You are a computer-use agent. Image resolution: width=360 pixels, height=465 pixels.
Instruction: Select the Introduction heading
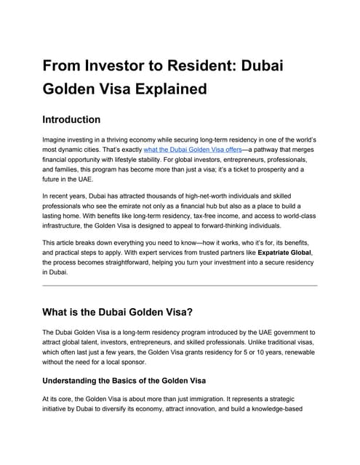click(71, 119)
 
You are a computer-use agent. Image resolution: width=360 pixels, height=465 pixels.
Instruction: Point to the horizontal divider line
click(180, 286)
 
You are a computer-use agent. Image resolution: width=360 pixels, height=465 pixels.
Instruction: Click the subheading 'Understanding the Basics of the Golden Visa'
click(124, 381)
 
